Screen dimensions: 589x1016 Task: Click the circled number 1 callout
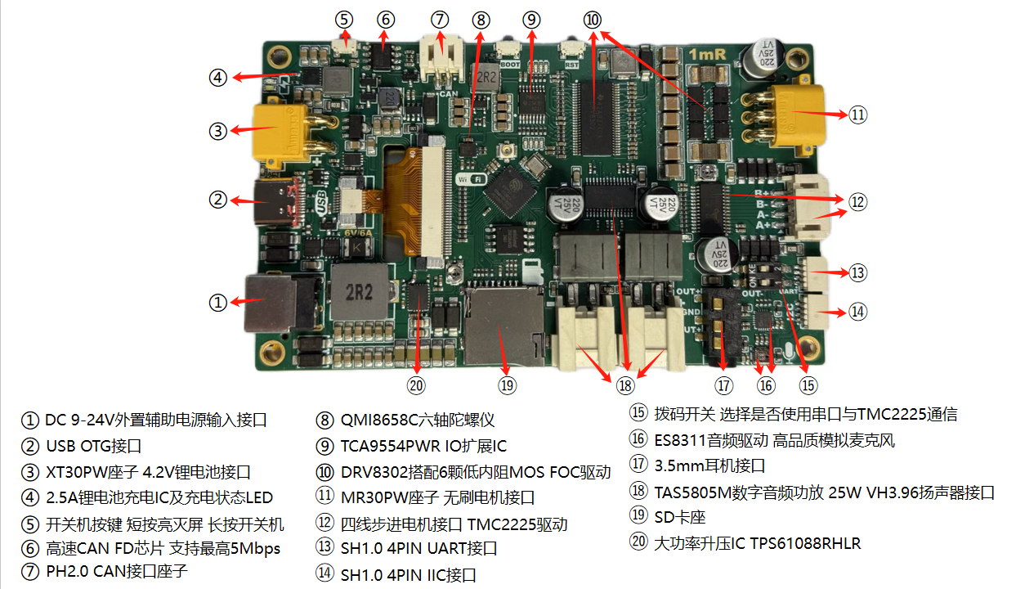217,302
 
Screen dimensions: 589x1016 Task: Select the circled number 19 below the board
507,384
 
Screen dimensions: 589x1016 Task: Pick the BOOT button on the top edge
509,52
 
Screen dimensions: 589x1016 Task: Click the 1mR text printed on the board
705,54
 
